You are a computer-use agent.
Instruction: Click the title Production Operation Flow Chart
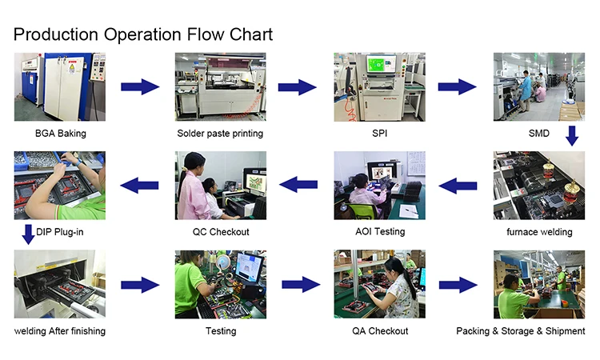point(143,34)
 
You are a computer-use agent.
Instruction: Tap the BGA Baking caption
point(60,133)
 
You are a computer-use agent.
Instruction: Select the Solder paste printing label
point(220,133)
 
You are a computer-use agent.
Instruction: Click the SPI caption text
point(380,133)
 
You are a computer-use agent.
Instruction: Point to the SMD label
point(539,133)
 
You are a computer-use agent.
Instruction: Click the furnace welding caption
point(539,232)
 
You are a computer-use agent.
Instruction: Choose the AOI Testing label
point(379,231)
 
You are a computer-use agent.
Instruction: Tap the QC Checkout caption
point(221,232)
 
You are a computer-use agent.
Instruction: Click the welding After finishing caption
point(60,331)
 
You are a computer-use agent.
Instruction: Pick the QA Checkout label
point(380,331)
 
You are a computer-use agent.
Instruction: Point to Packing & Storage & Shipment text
point(521,331)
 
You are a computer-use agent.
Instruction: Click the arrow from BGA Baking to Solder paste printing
point(140,86)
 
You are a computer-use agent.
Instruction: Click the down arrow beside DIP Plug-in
point(28,234)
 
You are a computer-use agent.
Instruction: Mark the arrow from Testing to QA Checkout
point(301,284)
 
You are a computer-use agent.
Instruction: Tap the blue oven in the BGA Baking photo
point(60,84)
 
